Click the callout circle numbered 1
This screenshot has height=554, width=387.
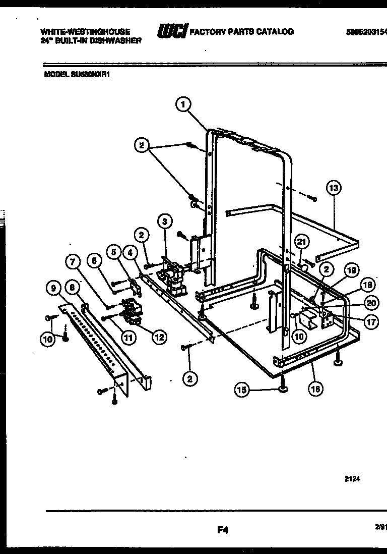tap(183, 104)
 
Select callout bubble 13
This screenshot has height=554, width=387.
tap(333, 188)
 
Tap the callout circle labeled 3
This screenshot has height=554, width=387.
tap(164, 221)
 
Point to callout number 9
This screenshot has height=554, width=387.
tap(52, 288)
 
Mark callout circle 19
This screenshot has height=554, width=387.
tap(352, 270)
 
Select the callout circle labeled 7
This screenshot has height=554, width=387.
tap(73, 262)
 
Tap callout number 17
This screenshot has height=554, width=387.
tap(371, 322)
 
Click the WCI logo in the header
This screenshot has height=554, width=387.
tap(172, 32)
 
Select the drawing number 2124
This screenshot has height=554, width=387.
tap(352, 480)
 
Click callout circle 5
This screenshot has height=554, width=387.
tap(114, 251)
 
